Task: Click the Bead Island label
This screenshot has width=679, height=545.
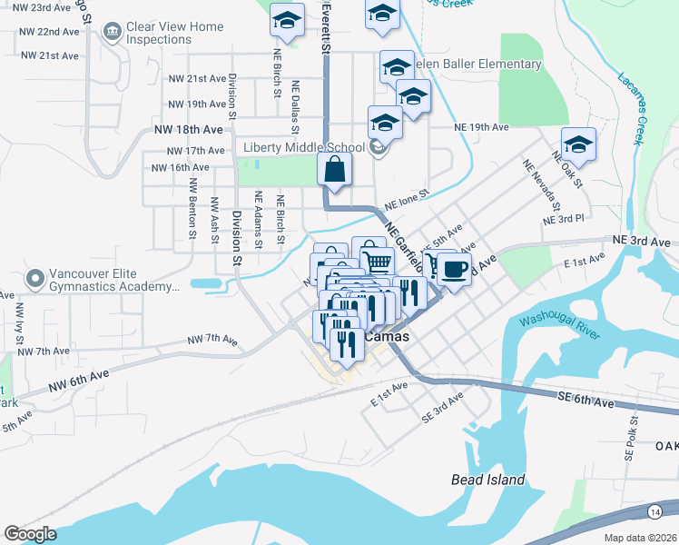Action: pyautogui.click(x=488, y=480)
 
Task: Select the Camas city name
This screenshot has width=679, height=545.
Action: pyautogui.click(x=387, y=337)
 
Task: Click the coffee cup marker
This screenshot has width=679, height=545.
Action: pyautogui.click(x=454, y=269)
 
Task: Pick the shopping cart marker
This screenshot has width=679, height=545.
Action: pyautogui.click(x=379, y=261)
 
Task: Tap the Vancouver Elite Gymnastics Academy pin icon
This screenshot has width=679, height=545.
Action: pyautogui.click(x=35, y=277)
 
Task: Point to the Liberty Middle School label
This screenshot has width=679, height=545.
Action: pyautogui.click(x=303, y=147)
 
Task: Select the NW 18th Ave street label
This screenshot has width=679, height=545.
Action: pyautogui.click(x=188, y=130)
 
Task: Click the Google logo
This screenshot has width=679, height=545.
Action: pyautogui.click(x=30, y=534)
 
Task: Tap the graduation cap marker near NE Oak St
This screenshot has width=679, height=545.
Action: pyautogui.click(x=577, y=144)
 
